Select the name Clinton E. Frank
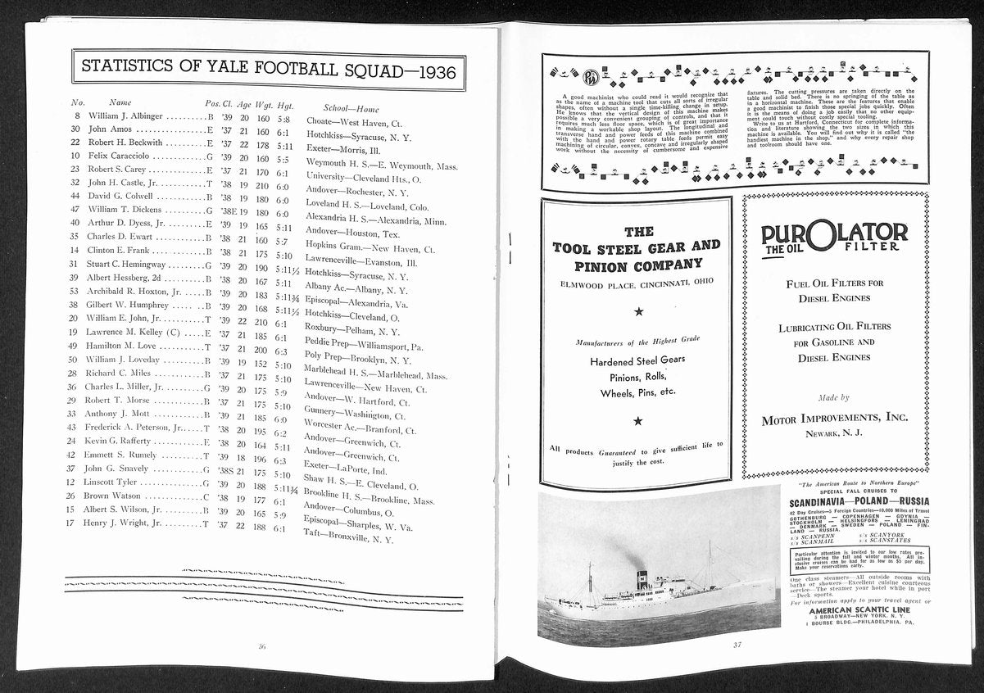[x=119, y=249]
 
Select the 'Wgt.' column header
[x=264, y=103]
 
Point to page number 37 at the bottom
[x=737, y=644]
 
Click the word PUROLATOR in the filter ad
[x=834, y=233]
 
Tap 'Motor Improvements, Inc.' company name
[x=835, y=418]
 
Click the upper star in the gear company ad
[x=637, y=311]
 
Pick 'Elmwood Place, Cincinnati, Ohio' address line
[x=637, y=282]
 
